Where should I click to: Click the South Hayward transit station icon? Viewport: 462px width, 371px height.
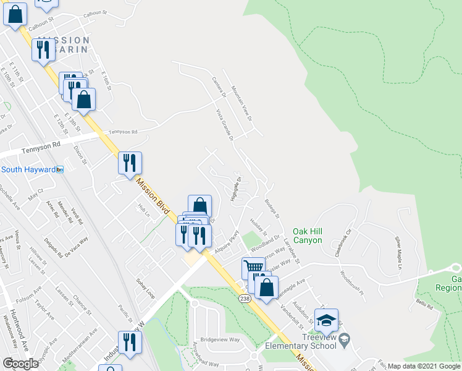60,169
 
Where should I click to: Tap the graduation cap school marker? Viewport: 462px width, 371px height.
326,321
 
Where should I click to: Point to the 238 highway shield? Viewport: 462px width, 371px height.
245,299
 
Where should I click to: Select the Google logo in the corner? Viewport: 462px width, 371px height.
20,364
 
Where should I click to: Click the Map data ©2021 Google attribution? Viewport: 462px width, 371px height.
424,366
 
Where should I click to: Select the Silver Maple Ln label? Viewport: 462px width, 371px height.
399,253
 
